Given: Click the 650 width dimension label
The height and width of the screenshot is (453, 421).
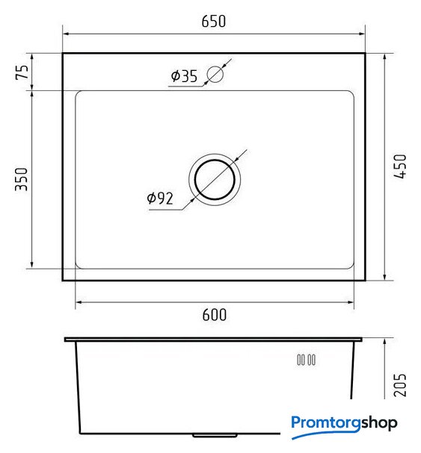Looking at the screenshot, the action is pos(213,22).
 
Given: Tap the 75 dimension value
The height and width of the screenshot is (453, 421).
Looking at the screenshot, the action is pos(22,72).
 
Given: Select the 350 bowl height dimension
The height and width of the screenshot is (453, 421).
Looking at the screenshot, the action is pos(22,179).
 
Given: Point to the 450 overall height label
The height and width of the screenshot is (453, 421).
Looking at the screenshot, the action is pos(400,166).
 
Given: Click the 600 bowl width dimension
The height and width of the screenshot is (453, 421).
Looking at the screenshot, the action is pos(215,315).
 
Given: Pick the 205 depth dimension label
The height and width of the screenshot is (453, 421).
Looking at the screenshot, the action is pos(400,385).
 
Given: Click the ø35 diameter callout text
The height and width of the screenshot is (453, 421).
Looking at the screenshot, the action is pos(184,76).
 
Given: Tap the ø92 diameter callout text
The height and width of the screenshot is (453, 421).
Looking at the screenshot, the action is pos(160,199).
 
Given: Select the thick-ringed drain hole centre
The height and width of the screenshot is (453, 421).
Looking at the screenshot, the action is pos(215,180).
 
